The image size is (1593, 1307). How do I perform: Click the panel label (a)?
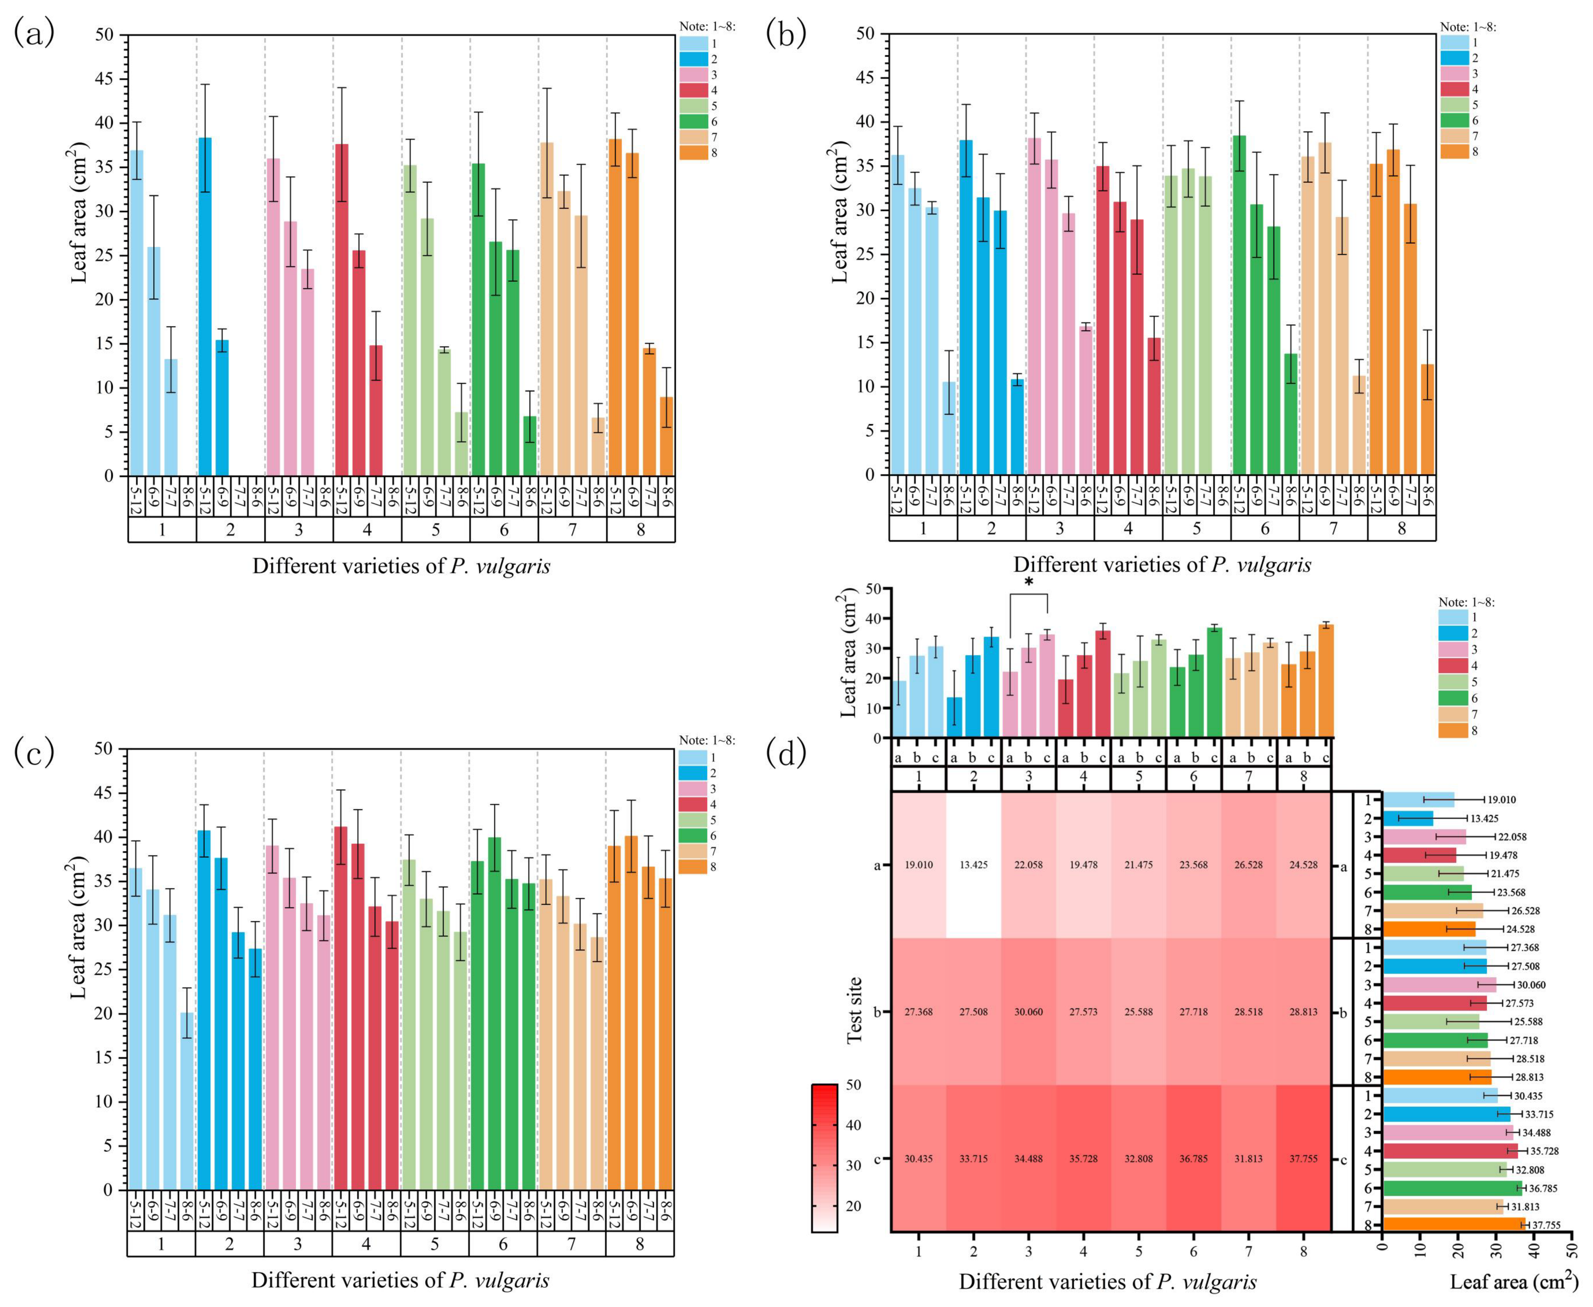(34, 33)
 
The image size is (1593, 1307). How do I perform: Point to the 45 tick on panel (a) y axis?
(105, 79)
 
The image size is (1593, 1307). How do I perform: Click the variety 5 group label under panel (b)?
(1197, 529)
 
